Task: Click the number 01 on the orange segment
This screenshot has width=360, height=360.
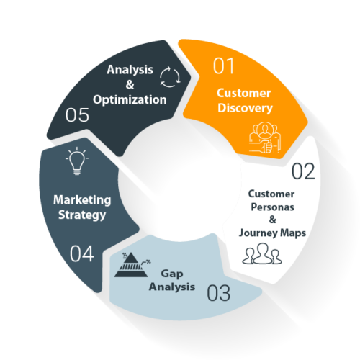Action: (223, 66)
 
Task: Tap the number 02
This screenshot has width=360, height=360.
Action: (303, 171)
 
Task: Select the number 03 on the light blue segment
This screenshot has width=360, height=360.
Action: (218, 293)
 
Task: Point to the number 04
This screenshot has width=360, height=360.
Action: (81, 253)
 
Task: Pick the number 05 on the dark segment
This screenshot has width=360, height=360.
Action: (77, 114)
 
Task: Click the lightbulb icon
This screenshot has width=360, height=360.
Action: (77, 161)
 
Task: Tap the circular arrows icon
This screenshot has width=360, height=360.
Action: (170, 77)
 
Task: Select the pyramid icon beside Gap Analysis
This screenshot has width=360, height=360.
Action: (132, 265)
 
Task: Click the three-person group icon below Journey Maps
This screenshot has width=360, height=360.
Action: (262, 253)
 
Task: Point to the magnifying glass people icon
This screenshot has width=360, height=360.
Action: (265, 138)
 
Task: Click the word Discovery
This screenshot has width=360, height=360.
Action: (245, 108)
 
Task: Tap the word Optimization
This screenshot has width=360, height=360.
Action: (130, 100)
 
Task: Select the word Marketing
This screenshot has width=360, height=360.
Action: (82, 200)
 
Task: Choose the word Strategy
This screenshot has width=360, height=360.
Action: (82, 215)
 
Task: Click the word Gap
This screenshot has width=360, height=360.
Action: (172, 274)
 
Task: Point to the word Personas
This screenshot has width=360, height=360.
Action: (272, 207)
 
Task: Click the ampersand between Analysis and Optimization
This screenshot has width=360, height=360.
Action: (130, 84)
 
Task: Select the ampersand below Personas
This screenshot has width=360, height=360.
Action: (272, 220)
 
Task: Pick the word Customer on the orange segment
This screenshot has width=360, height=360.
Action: (244, 93)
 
